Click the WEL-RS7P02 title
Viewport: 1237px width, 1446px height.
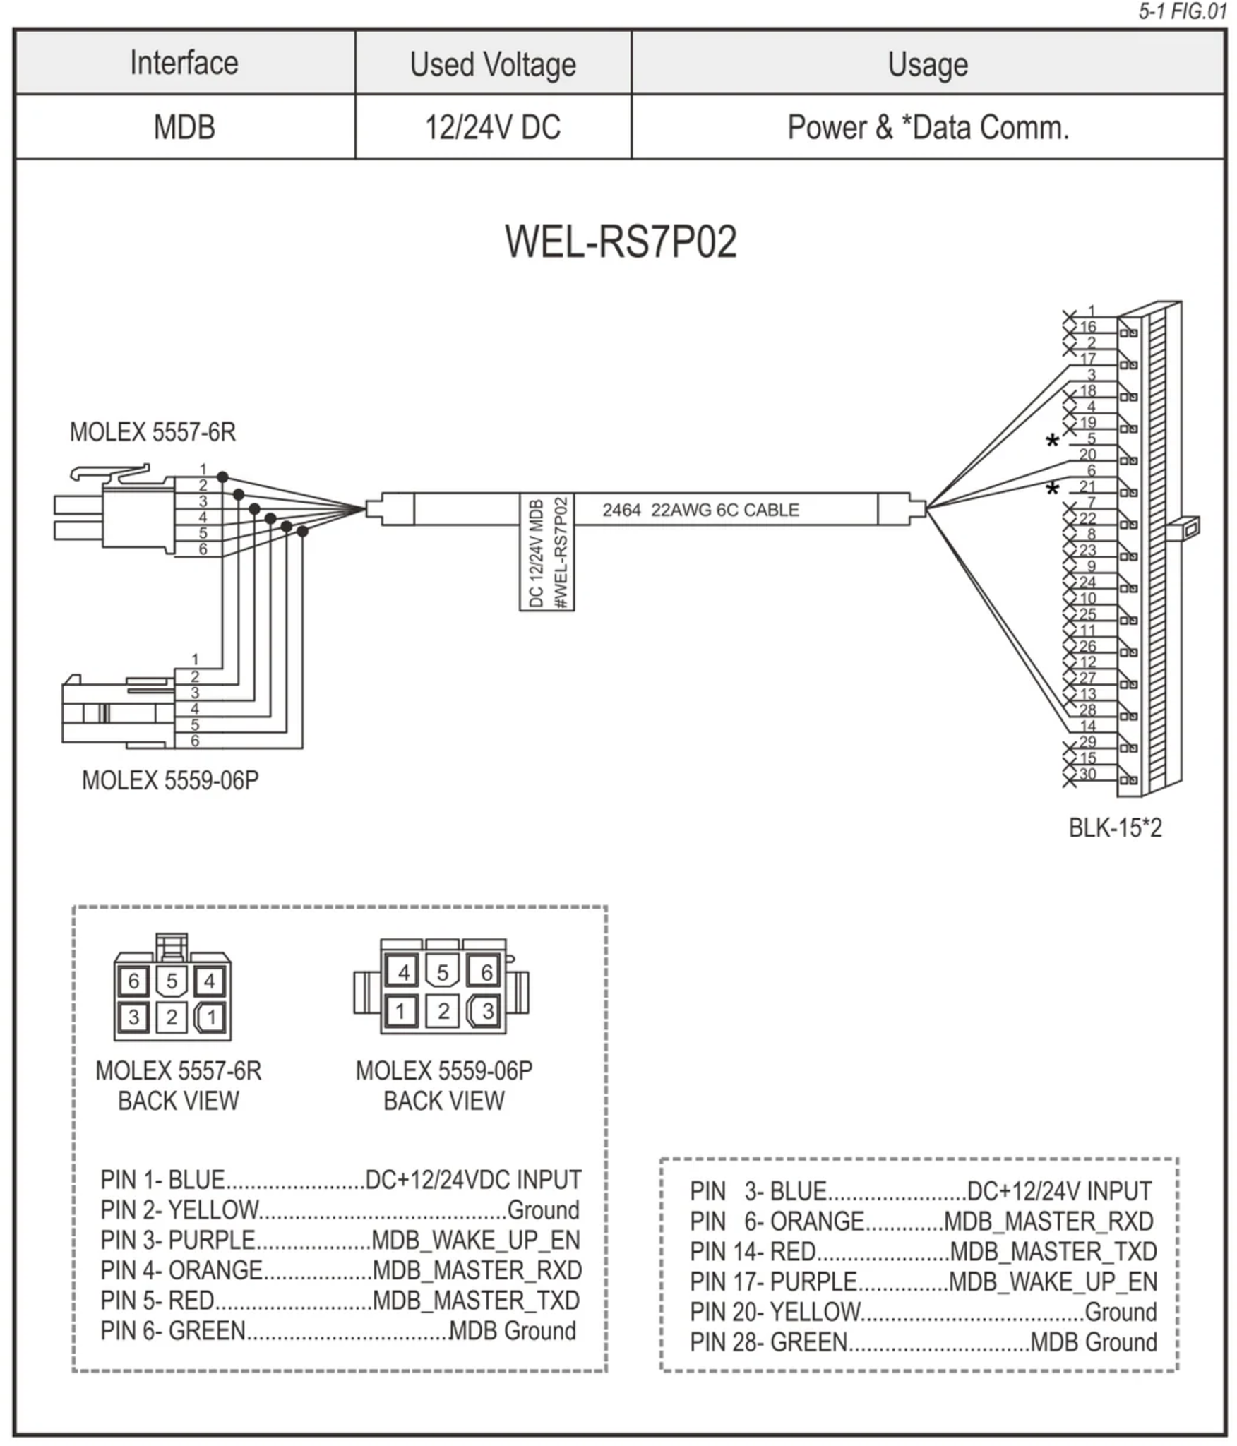point(620,242)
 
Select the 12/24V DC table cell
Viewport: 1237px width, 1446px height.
point(492,128)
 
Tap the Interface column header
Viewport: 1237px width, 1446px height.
point(184,63)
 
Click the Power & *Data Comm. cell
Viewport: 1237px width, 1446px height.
point(928,128)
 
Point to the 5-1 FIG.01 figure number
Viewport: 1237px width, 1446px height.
point(1182,12)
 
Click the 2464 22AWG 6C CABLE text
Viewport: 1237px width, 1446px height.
point(700,510)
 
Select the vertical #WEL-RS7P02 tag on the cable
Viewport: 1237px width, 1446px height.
point(561,553)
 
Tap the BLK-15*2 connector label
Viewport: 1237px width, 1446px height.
point(1114,827)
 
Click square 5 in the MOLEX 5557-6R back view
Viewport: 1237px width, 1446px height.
point(172,981)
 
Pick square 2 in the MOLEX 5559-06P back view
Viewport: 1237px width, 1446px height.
point(443,1011)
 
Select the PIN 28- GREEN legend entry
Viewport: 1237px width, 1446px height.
point(923,1342)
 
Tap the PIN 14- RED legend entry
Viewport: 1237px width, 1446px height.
point(923,1251)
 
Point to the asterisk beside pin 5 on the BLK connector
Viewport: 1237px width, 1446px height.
point(1052,443)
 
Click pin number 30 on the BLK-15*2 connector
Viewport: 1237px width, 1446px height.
point(1087,774)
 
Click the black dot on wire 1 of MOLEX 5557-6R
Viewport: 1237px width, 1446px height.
point(222,477)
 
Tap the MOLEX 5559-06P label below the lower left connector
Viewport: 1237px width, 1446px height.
point(170,780)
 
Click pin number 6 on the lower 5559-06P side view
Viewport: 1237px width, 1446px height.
point(195,741)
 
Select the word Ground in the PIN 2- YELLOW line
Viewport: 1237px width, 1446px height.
point(543,1210)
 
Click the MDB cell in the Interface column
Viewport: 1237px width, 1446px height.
point(184,128)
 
